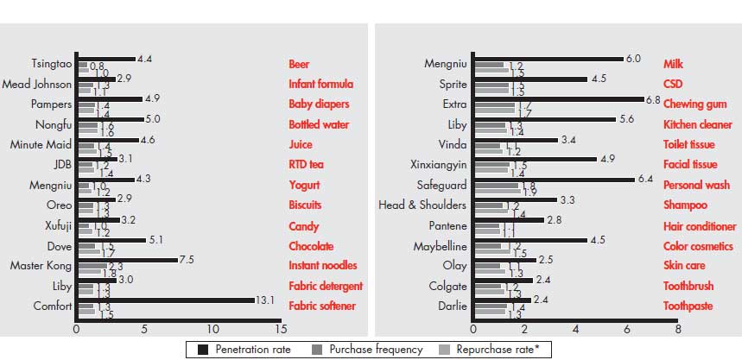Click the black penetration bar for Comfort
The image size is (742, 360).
[164, 300]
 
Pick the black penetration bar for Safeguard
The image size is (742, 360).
[553, 180]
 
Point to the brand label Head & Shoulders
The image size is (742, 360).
[422, 205]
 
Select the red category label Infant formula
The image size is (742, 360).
[320, 85]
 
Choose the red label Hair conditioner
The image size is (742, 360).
[698, 225]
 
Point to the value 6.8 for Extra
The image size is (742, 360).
[653, 100]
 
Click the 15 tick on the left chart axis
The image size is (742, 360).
[279, 330]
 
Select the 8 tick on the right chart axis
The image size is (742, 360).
[676, 330]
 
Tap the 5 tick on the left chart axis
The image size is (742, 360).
[144, 330]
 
